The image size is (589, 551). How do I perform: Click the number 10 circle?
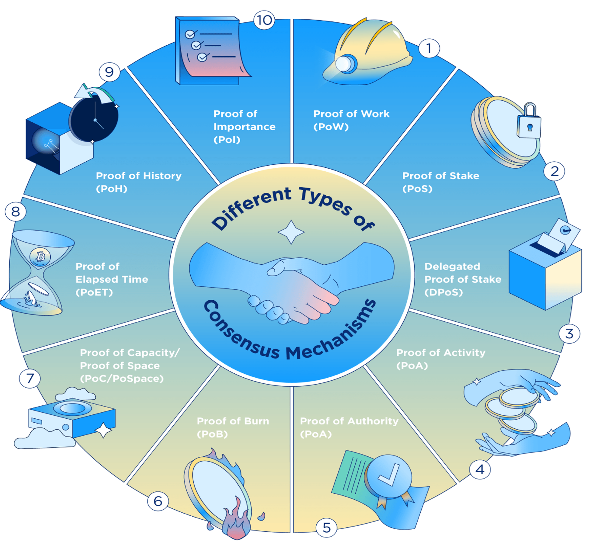(264, 20)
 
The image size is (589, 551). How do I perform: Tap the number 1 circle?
(429, 48)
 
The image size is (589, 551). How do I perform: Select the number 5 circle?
(326, 528)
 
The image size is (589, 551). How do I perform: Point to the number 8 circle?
(16, 212)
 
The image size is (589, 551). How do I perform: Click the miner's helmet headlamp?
(345, 64)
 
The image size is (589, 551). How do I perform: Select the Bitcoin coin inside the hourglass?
(40, 256)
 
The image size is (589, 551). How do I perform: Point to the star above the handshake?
(291, 232)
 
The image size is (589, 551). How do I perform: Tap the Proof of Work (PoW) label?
(351, 120)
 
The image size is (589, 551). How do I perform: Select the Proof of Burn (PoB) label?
(233, 427)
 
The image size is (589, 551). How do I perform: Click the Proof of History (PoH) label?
(139, 182)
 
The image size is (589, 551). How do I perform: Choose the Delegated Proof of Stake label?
(463, 279)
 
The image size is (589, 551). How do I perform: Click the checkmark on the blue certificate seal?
(389, 476)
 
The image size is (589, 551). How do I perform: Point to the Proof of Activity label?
(441, 359)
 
